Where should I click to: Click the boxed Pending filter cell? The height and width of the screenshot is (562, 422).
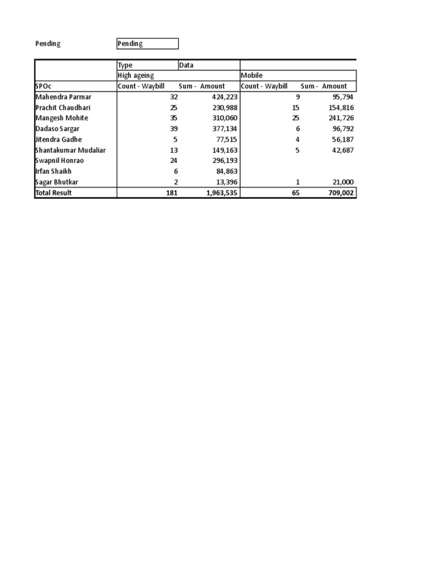pos(147,43)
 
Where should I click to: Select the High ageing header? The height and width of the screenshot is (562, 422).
pos(136,75)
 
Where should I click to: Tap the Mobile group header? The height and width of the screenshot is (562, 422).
pos(252,75)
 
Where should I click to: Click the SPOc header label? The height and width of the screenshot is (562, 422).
pos(43,86)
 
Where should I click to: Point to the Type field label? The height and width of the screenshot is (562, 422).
pos(125,65)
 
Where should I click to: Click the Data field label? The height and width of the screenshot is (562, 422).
pos(187,65)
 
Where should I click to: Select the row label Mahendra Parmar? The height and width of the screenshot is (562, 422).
pos(63,97)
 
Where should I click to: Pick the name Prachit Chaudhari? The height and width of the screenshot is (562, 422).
pos(63,108)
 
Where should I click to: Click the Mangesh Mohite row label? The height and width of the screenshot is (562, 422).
pos(62,118)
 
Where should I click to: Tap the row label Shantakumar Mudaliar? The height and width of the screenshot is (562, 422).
pos(70,150)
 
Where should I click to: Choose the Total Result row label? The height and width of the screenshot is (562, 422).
pos(54,193)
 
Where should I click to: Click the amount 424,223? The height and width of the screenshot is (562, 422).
pos(225,97)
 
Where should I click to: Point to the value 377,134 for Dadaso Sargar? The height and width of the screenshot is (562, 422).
pos(225,128)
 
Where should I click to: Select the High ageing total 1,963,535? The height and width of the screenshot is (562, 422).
pos(221,193)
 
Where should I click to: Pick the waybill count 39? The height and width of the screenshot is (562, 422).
pos(174,128)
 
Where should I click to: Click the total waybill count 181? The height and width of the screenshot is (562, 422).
pos(171,193)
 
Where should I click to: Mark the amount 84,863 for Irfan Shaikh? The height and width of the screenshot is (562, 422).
pos(226,171)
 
